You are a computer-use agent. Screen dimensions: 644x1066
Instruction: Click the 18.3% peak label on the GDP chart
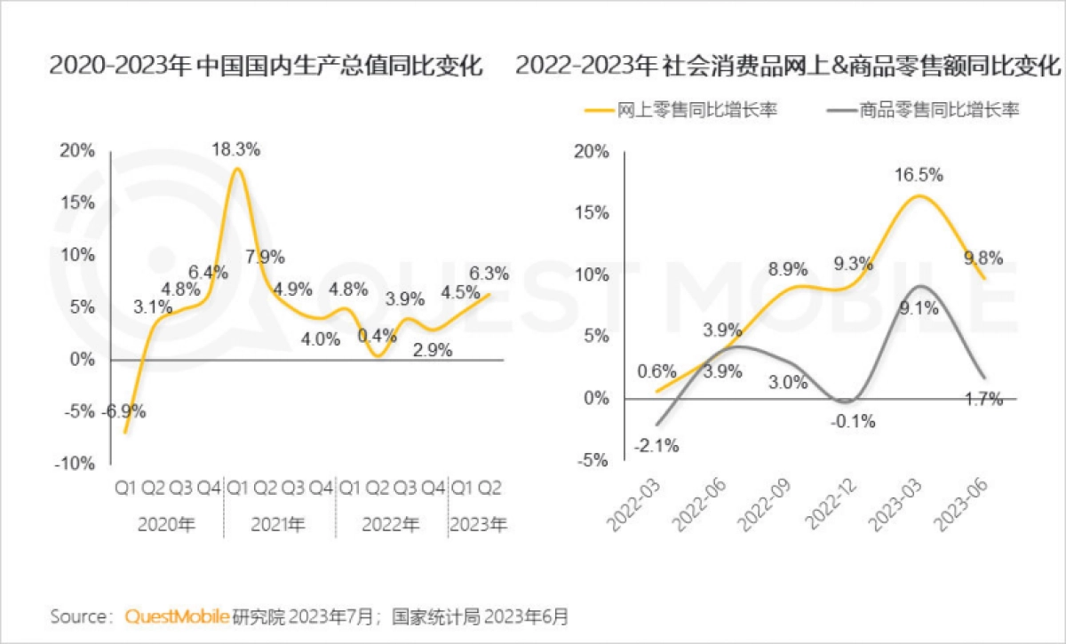click(235, 150)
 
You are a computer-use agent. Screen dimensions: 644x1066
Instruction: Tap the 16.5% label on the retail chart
click(919, 175)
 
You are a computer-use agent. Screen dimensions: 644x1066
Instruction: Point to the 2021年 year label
click(278, 525)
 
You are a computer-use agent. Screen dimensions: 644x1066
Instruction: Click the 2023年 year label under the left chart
click(478, 525)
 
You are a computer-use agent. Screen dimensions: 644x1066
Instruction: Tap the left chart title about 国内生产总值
click(266, 66)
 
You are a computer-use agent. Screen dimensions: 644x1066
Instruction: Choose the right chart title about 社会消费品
click(788, 66)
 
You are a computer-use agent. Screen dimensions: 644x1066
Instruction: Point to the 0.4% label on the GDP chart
click(376, 336)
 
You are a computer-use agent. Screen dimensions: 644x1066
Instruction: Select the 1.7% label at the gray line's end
click(984, 400)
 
